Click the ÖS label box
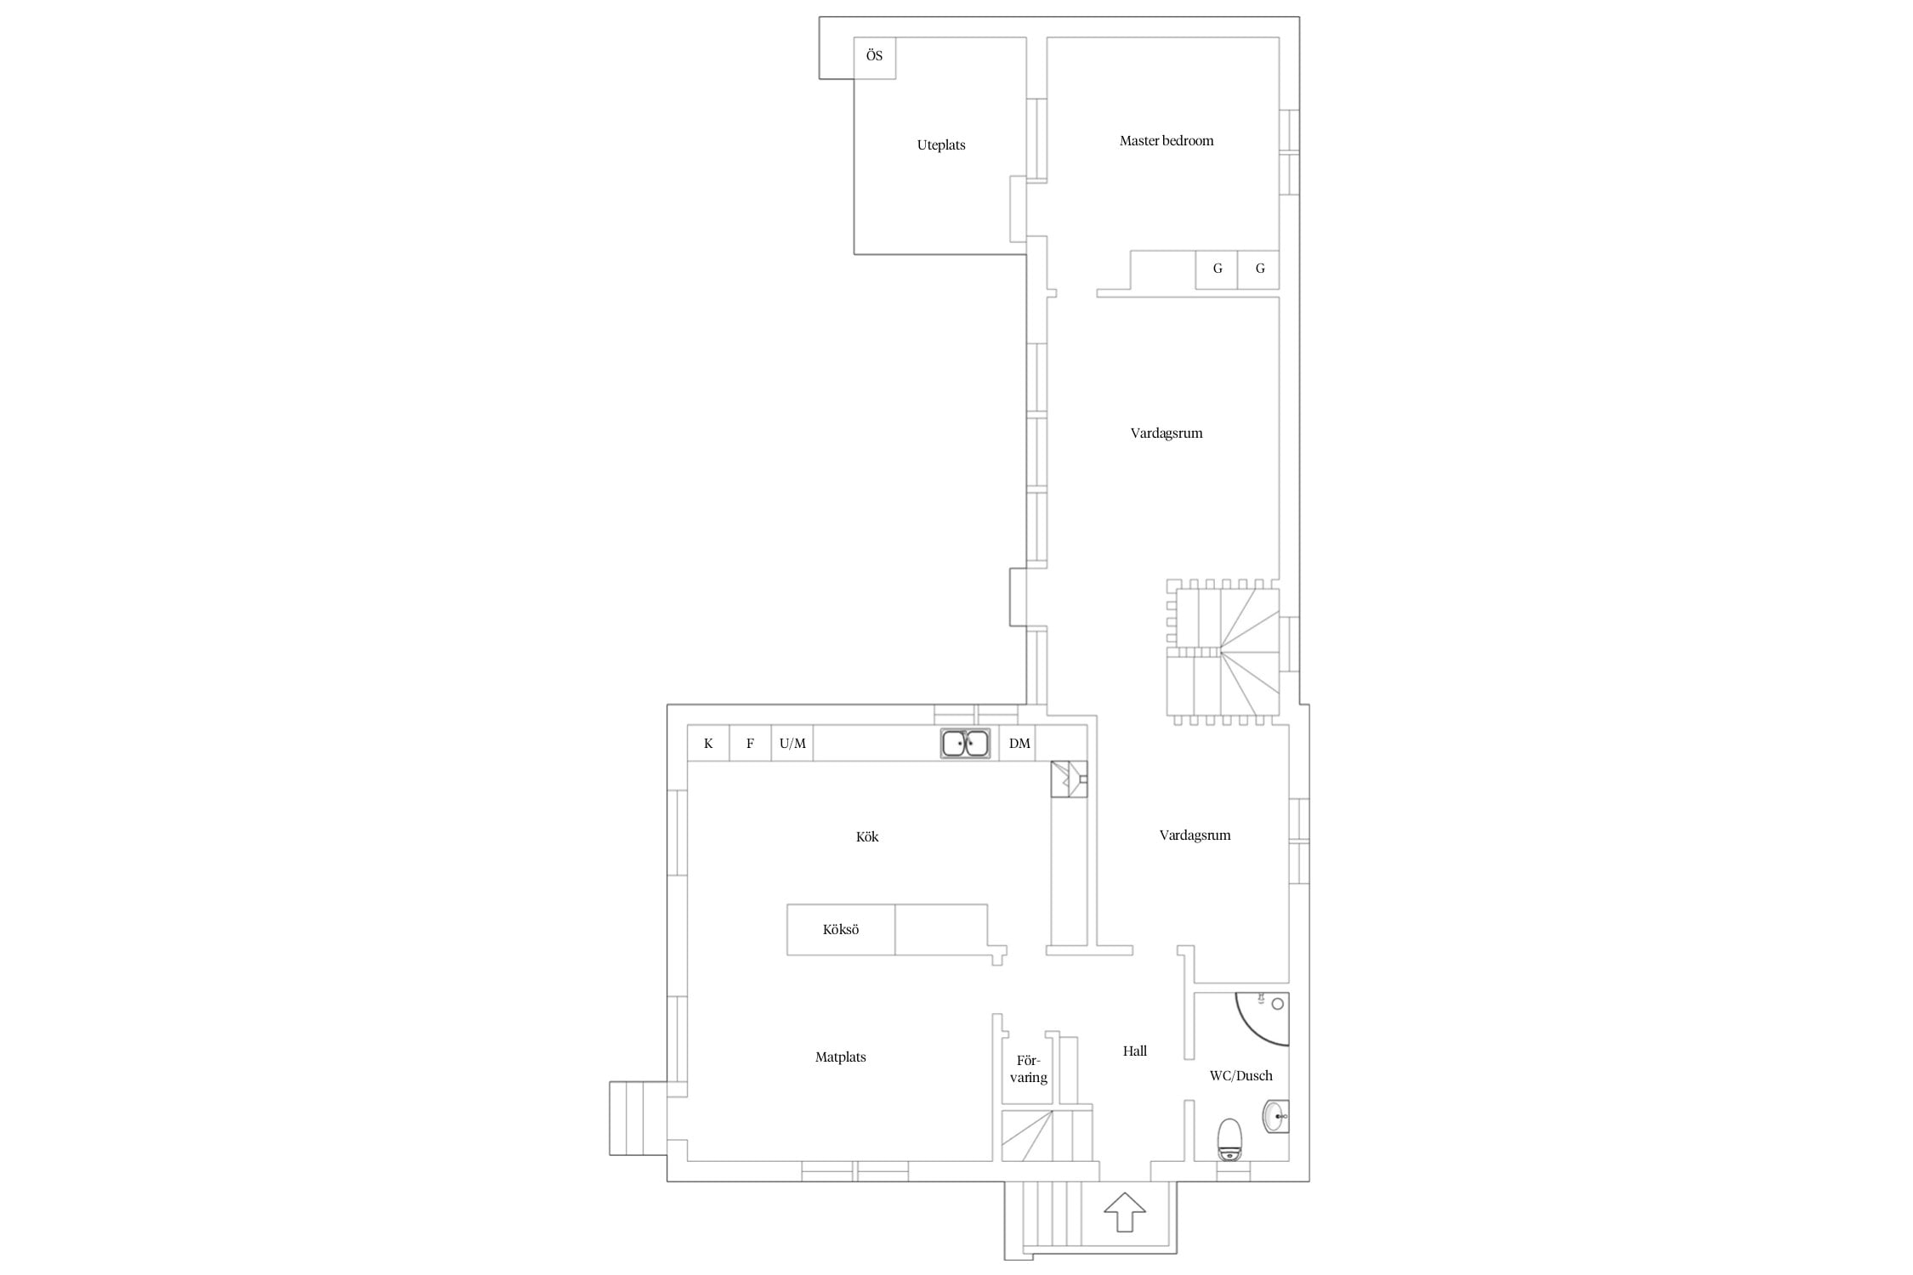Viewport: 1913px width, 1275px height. tap(875, 58)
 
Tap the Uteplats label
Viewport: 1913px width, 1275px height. tap(941, 145)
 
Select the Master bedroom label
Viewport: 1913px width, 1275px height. tap(1167, 141)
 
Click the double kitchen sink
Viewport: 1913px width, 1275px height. tap(965, 744)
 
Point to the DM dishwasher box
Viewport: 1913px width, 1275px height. tap(1019, 743)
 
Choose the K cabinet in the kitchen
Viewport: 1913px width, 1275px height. tap(708, 743)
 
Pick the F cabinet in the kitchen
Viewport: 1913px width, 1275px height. tap(750, 743)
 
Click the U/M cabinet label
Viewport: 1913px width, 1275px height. tap(792, 744)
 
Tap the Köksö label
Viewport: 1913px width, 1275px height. tap(841, 930)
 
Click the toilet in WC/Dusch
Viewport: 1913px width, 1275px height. tap(1230, 1140)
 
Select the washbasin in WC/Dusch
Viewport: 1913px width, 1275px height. tap(1275, 1116)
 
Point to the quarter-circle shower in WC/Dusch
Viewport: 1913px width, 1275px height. tap(1263, 1018)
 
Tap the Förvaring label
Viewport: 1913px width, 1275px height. tap(1029, 1069)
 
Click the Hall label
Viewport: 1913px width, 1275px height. tap(1135, 1051)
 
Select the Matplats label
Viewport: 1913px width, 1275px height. tap(841, 1057)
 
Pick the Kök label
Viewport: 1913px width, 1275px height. tap(867, 837)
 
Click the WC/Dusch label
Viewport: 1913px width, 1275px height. tap(1241, 1076)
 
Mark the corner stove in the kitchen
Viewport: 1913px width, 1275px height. tap(1069, 779)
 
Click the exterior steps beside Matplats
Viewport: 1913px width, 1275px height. tap(638, 1118)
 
